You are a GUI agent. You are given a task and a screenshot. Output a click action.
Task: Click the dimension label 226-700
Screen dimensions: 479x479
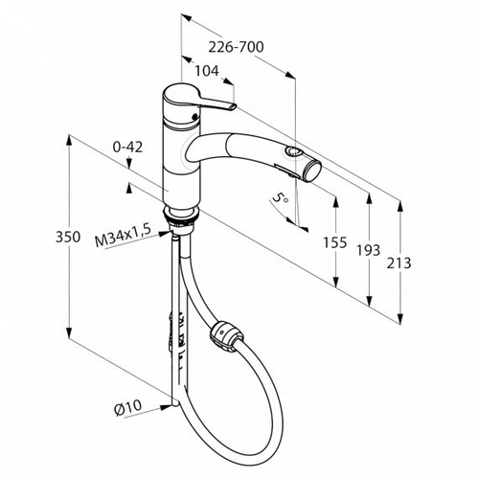pos(236,47)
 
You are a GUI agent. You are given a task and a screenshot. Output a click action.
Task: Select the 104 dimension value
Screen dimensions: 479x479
pos(207,71)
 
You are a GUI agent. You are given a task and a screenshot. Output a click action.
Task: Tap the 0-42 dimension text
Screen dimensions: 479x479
pos(127,148)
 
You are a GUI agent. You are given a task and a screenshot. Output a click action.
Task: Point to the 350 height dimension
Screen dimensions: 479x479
pos(68,237)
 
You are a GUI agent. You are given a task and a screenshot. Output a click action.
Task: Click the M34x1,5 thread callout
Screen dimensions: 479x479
pos(123,237)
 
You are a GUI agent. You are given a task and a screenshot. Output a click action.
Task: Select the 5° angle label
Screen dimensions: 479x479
pos(280,200)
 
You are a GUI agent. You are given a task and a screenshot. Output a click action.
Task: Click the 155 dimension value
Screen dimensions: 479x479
pos(335,242)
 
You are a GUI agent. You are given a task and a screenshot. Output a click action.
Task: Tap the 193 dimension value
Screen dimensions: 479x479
pos(369,250)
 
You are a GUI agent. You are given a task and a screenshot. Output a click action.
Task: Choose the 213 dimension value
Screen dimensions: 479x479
pos(399,263)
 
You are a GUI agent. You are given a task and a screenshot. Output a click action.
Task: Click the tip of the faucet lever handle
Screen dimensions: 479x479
pos(233,107)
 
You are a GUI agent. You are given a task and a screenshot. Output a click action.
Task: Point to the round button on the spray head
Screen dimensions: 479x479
pos(291,151)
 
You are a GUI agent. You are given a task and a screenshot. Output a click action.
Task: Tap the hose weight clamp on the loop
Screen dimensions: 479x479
pos(226,335)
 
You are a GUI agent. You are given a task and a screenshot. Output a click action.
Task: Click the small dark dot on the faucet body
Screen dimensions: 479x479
pos(193,117)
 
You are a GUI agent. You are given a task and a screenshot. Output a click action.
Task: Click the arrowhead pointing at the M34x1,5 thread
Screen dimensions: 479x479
pos(165,233)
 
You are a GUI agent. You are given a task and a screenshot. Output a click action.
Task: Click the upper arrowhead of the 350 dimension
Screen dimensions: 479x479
pos(68,142)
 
